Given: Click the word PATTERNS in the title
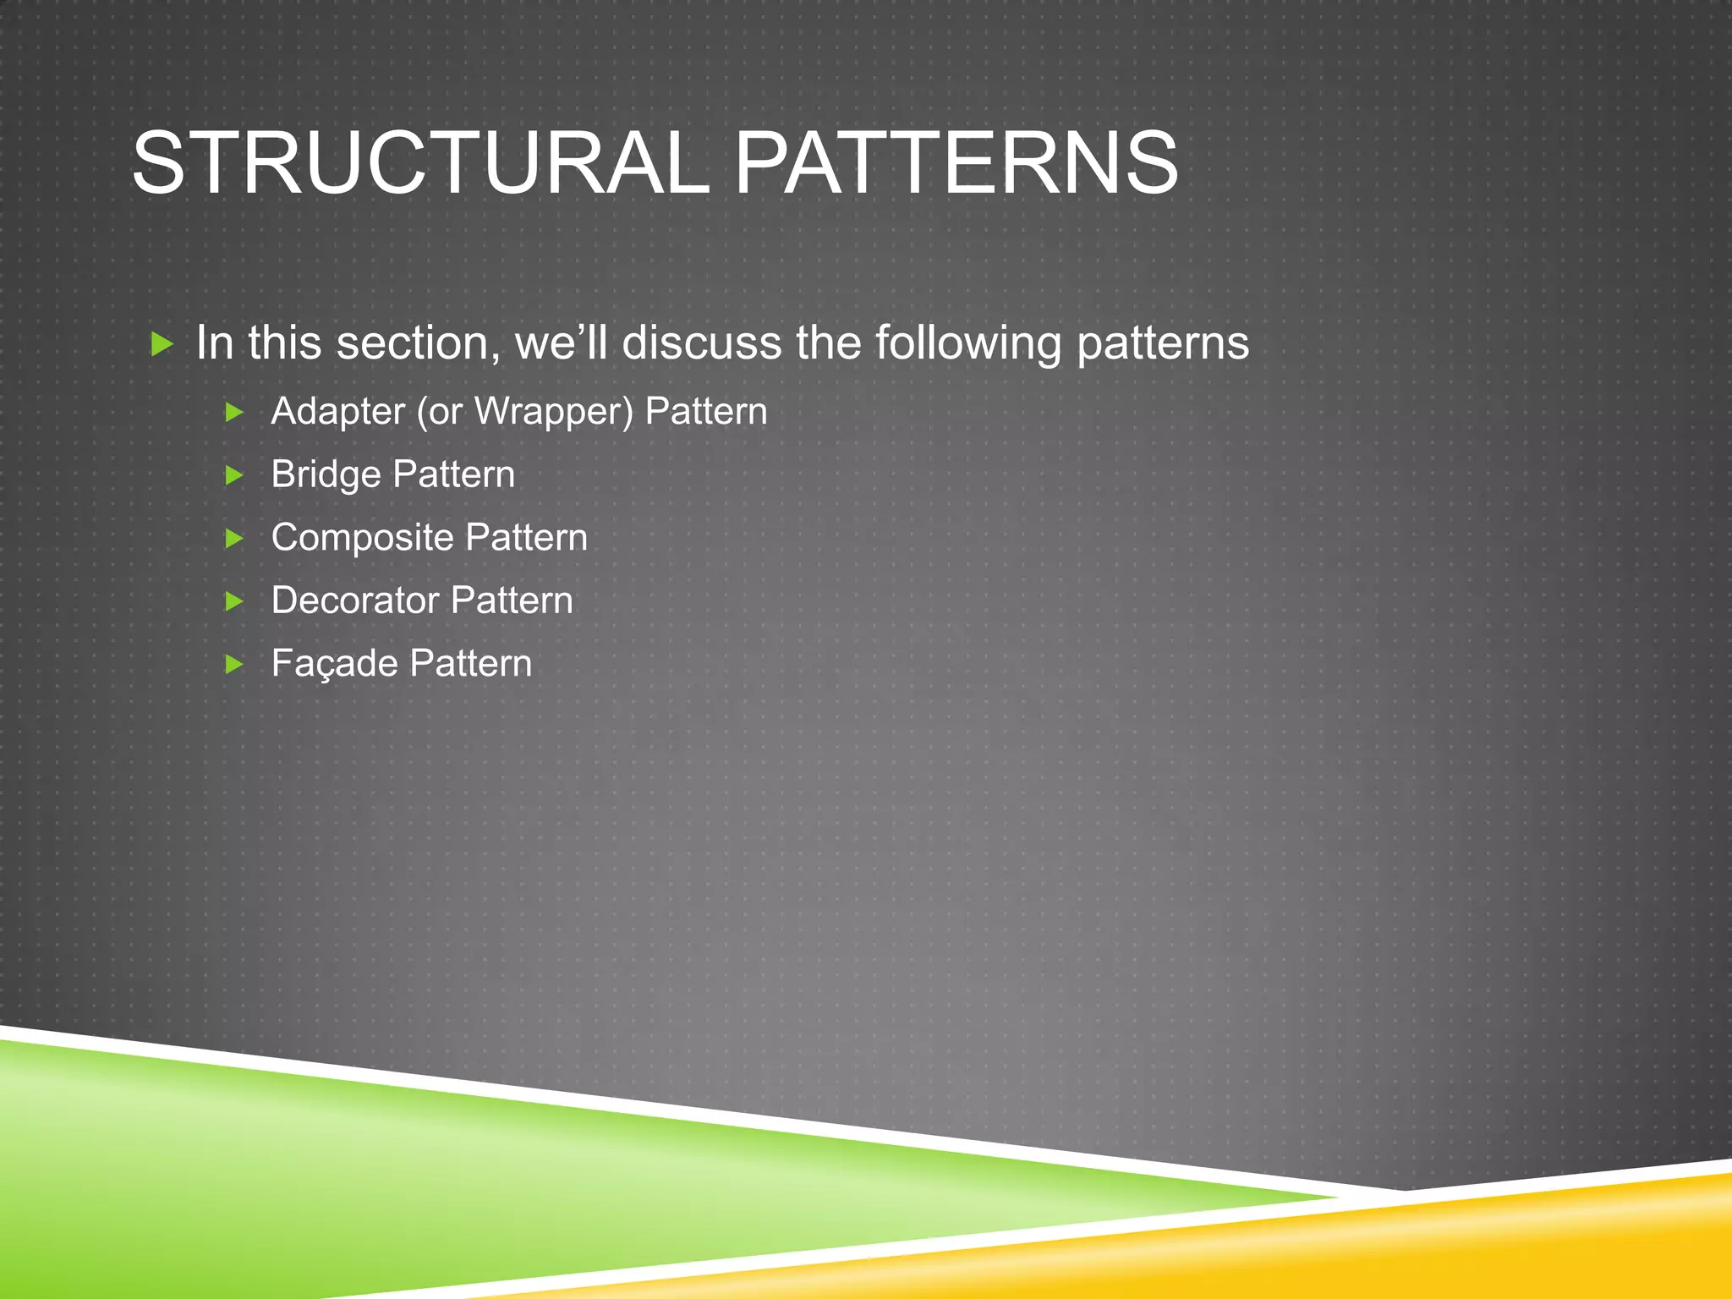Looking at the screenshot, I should click(x=956, y=162).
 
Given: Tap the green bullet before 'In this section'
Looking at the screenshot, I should click(x=162, y=344).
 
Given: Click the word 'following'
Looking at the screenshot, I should click(x=967, y=343).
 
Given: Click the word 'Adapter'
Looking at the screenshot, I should click(x=337, y=412).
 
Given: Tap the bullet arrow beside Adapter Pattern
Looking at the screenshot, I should click(x=234, y=413).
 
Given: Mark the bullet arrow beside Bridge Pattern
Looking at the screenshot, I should click(x=234, y=476).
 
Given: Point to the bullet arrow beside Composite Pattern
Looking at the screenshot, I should click(x=234, y=539).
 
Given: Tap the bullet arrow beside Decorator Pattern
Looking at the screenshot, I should click(x=234, y=601).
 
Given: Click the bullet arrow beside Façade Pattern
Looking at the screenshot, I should click(x=234, y=665).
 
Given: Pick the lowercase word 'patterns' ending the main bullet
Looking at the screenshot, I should click(x=1163, y=343).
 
